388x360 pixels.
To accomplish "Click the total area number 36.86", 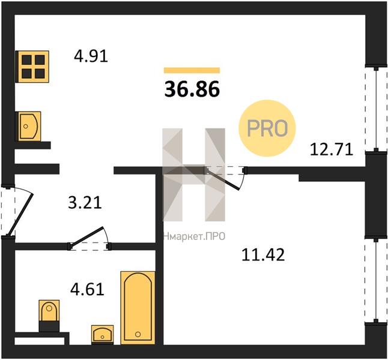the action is point(192,89).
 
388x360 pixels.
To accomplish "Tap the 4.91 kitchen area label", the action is point(91,56).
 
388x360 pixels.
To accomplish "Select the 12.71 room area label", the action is point(332,150).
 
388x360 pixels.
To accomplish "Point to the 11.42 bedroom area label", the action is point(263,255).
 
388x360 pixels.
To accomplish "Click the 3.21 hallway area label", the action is point(85,203).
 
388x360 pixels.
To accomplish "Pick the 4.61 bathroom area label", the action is point(87,290).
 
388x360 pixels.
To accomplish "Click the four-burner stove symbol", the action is point(32,67).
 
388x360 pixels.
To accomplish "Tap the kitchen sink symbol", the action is point(28,127).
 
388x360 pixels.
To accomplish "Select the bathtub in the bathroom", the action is point(138,308).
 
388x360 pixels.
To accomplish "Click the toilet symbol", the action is point(49,316).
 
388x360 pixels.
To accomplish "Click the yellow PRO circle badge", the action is point(267,128).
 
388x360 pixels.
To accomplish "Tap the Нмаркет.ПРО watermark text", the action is point(194,236).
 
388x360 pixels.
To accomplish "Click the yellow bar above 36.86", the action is point(192,70).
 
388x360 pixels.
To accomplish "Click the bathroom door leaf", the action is point(86,236).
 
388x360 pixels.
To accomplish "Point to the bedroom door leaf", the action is point(222,179).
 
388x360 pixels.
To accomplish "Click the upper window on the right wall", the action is point(376,109).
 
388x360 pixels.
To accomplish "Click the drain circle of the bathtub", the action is point(138,335).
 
